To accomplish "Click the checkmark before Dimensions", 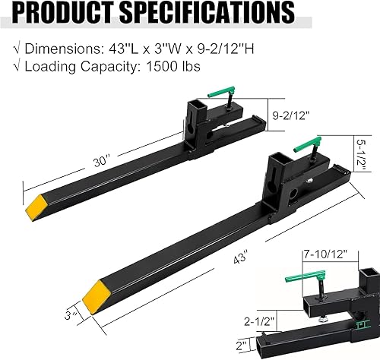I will [x=17, y=49].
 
